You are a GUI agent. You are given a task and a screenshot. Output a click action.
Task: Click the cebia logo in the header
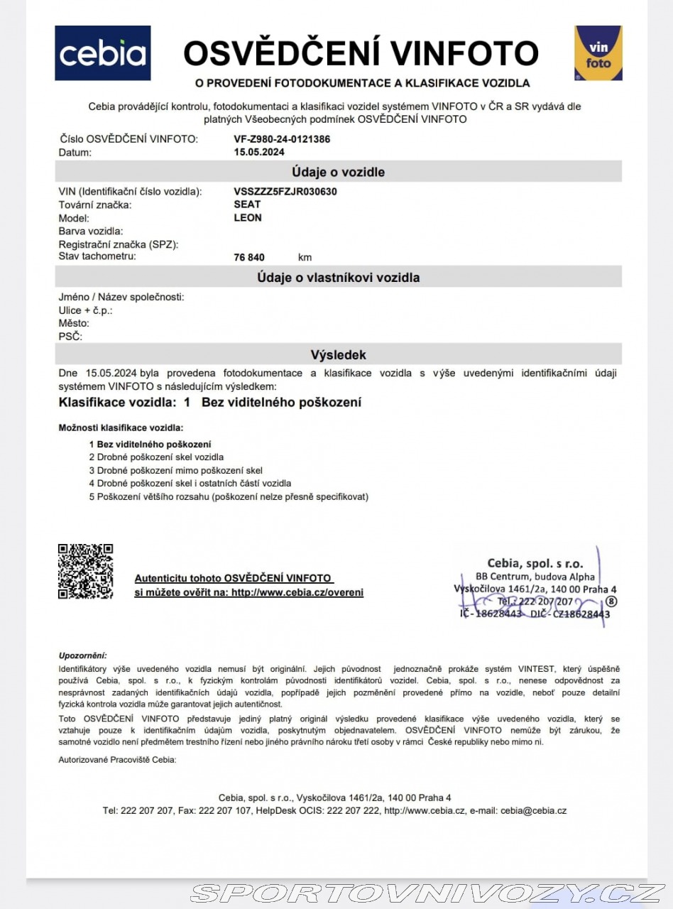103,53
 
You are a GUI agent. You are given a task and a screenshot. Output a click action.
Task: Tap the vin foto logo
598,53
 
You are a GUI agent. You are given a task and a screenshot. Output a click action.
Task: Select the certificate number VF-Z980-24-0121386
282,139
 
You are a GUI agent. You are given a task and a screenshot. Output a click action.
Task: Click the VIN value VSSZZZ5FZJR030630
285,191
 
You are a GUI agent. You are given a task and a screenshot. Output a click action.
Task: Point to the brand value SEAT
247,205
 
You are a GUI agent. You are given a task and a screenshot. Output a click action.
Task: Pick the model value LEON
248,218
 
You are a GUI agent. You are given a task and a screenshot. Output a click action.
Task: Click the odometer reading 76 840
249,257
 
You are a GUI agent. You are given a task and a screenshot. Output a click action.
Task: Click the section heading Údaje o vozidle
338,172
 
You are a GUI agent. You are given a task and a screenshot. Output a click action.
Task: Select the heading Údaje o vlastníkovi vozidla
338,278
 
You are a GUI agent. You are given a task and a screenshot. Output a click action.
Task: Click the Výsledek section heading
338,354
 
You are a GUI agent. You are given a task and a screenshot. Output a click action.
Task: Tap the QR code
85,571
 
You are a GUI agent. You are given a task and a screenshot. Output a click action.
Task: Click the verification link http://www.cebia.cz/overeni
297,592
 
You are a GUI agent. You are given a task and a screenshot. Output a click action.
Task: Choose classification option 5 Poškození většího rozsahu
229,496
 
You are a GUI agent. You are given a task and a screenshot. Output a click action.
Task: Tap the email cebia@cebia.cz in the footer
533,810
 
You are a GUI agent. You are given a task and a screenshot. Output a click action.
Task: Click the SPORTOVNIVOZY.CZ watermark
428,893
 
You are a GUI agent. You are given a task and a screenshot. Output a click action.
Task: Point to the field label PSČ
70,337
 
